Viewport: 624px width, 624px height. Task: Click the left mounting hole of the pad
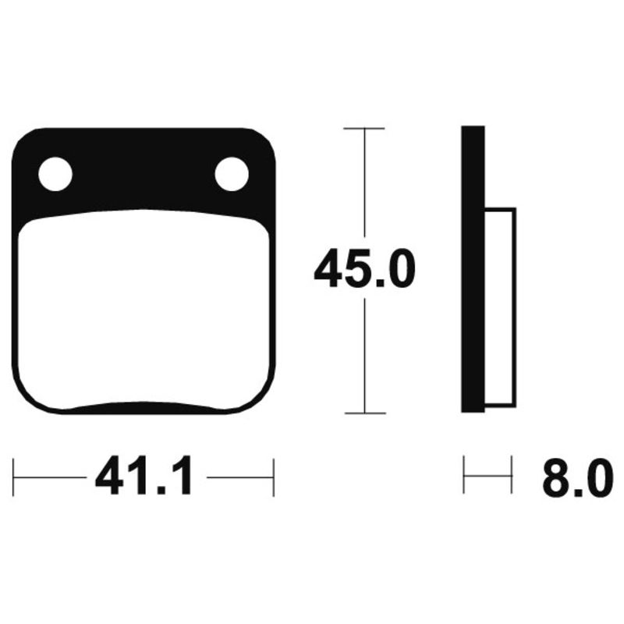(x=55, y=174)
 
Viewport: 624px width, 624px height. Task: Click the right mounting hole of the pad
(x=232, y=174)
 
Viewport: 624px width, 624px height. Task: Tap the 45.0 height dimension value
(x=364, y=270)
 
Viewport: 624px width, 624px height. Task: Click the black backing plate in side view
(x=473, y=269)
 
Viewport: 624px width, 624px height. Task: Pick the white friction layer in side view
(x=500, y=308)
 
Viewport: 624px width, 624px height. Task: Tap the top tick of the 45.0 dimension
(x=364, y=127)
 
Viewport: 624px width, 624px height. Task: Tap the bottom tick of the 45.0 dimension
(x=364, y=413)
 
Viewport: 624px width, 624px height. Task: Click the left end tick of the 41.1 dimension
(x=14, y=477)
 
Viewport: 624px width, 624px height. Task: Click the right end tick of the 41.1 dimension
(x=273, y=477)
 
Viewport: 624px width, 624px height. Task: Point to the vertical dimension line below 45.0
(x=364, y=351)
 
